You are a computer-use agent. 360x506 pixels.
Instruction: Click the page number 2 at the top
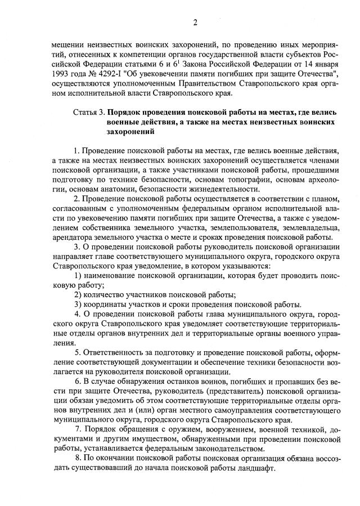click(195, 23)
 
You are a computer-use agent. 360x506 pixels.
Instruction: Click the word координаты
click(109, 305)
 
